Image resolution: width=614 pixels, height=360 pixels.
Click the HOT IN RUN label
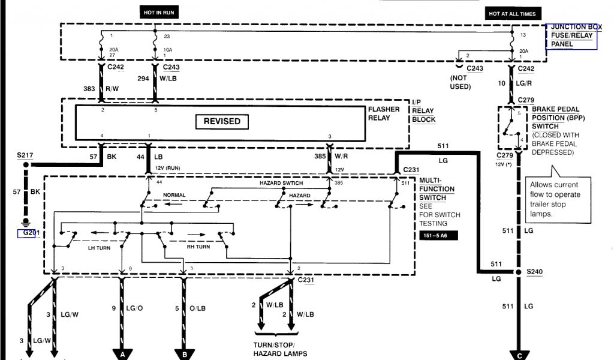[x=159, y=13]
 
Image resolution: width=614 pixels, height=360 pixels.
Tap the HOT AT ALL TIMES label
[x=512, y=14]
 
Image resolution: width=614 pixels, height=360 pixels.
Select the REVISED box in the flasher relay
[x=222, y=121]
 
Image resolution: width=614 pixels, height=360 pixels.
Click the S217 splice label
[x=25, y=155]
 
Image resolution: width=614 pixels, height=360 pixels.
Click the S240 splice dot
[x=519, y=272]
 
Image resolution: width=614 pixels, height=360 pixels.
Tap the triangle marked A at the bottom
[x=122, y=354]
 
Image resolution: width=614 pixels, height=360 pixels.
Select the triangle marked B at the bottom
[x=184, y=354]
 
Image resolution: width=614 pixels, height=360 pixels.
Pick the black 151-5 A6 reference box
[x=438, y=235]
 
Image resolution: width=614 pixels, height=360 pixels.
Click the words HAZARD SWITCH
[x=281, y=183]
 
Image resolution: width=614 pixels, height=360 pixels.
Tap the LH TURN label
[x=99, y=248]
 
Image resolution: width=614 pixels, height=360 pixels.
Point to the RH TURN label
[x=198, y=247]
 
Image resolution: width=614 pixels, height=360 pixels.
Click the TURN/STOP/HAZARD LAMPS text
[x=280, y=349]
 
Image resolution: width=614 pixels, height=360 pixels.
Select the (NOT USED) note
[x=460, y=82]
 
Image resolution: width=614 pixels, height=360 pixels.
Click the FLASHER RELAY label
[x=384, y=113]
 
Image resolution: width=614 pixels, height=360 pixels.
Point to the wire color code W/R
[x=341, y=156]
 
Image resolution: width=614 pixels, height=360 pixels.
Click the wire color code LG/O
[x=134, y=308]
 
